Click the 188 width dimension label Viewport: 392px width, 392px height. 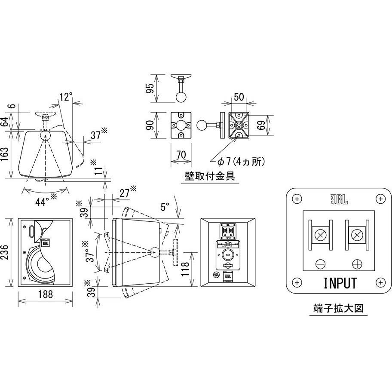tap(45, 294)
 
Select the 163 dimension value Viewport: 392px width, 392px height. tap(6, 153)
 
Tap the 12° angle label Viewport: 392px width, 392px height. tap(64, 97)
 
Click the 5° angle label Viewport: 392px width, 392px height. tap(165, 207)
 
